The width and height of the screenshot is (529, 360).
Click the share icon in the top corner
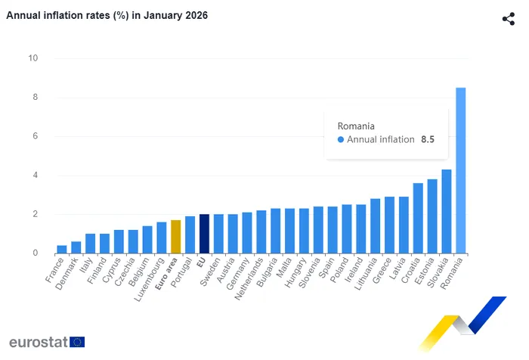point(509,19)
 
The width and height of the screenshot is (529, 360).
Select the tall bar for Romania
point(460,170)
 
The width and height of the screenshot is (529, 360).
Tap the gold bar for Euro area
point(175,237)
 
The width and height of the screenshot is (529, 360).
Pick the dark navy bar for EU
point(204,234)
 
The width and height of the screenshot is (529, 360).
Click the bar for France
point(61,249)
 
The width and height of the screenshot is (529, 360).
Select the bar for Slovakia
point(446,211)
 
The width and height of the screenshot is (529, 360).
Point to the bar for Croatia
point(418,218)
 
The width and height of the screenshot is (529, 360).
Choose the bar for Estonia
point(432,216)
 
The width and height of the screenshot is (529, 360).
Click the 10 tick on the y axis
point(33,58)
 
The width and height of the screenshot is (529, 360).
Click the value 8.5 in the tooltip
point(428,139)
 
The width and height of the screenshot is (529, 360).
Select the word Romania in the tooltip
point(356,126)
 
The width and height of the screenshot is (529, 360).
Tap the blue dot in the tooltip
point(341,139)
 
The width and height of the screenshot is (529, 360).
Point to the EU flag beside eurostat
point(77,342)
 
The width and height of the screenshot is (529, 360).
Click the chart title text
point(107,15)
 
